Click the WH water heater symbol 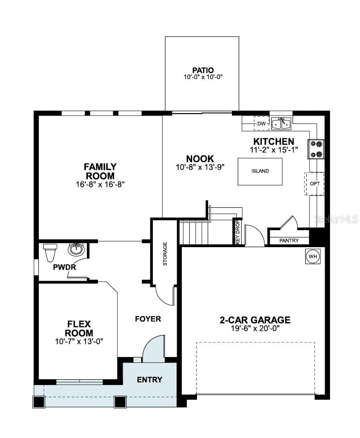(311, 256)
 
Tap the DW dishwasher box (262, 124)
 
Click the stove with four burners (316, 149)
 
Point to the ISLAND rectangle (260, 171)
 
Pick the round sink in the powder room (75, 250)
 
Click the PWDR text (63, 267)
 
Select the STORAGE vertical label (165, 253)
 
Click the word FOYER (147, 319)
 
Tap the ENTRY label (149, 379)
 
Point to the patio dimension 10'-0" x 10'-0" (202, 77)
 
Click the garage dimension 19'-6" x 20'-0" (255, 328)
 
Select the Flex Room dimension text (79, 341)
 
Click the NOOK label (200, 159)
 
